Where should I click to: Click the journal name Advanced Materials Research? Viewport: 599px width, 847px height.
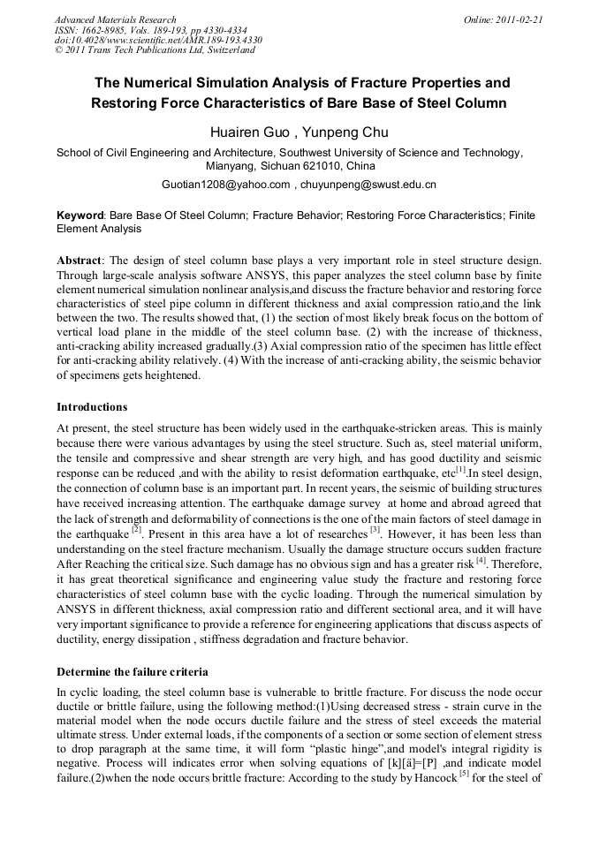115,19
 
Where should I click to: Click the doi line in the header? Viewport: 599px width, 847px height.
158,41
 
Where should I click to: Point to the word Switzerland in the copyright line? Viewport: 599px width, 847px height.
223,51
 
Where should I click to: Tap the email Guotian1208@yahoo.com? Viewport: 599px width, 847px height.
226,185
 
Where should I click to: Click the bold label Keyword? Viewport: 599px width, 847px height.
80,216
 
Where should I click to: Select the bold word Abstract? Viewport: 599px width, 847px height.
82,261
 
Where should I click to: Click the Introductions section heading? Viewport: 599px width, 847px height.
92,407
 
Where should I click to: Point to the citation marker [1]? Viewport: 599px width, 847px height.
460,469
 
